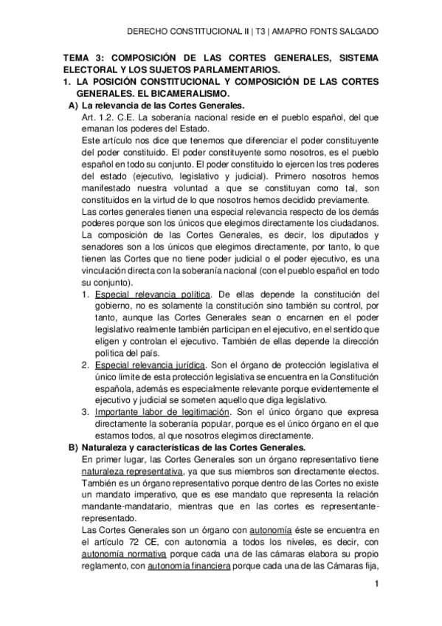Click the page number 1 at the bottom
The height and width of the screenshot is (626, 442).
click(x=376, y=585)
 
